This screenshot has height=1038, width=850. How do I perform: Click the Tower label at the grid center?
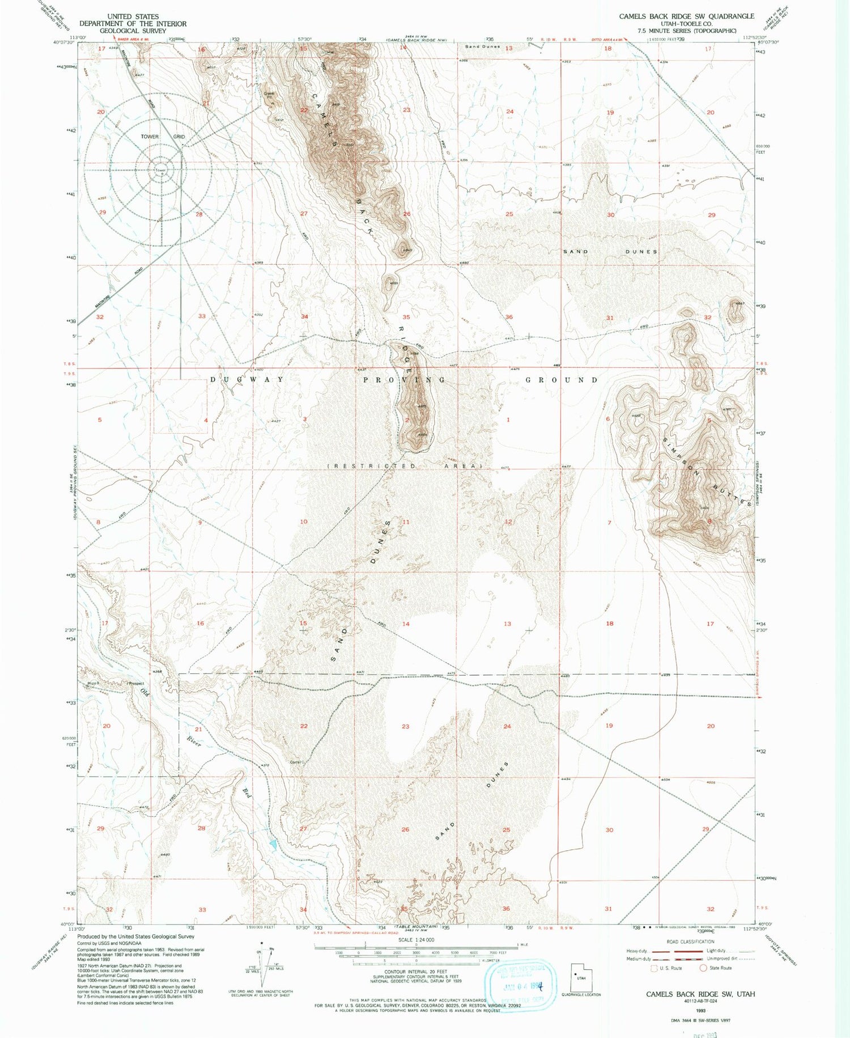(x=160, y=170)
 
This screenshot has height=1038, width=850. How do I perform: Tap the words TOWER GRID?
(x=163, y=137)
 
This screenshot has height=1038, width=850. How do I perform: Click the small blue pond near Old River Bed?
(x=273, y=844)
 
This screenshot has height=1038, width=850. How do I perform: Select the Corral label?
(x=295, y=762)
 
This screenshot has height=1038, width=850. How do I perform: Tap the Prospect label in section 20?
(x=136, y=683)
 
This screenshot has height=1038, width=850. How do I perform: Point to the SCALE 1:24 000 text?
(x=416, y=940)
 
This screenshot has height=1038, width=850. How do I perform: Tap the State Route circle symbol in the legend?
(x=703, y=968)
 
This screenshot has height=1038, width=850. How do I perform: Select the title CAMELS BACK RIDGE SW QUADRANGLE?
(x=686, y=16)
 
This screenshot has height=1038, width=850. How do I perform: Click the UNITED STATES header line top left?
(x=133, y=16)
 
